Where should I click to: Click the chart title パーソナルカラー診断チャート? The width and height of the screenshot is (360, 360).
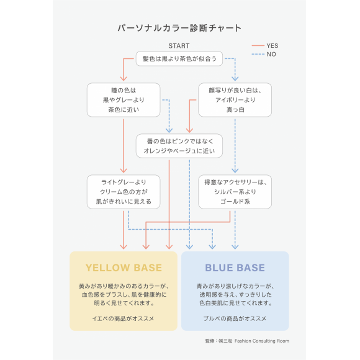179,28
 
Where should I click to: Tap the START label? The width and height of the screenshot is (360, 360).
179,46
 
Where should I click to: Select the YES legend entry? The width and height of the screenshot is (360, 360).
265,46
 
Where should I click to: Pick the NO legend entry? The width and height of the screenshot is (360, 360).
264,54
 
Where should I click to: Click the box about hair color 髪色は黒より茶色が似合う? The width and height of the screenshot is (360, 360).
179,59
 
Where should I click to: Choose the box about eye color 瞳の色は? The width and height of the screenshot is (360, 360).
124,100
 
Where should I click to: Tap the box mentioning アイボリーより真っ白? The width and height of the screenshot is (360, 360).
235,100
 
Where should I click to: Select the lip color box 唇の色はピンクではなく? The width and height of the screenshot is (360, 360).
179,146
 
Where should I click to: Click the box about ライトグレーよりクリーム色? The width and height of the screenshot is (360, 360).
124,192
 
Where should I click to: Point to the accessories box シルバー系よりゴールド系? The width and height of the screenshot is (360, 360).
235,192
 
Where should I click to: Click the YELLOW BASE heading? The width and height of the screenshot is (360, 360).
124,268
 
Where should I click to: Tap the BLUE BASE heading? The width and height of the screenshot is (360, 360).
235,268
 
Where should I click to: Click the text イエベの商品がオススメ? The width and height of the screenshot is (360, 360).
124,318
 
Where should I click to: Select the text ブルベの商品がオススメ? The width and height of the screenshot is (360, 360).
235,318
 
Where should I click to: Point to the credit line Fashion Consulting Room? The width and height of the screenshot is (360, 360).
262,341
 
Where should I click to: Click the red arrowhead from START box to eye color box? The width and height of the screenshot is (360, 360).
124,79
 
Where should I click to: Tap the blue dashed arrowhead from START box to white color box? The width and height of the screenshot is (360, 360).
235,79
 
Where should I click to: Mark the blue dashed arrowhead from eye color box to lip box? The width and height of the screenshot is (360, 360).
169,130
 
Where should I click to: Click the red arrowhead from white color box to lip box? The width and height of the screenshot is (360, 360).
189,130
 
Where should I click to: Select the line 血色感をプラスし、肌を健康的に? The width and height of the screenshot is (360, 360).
124,295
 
